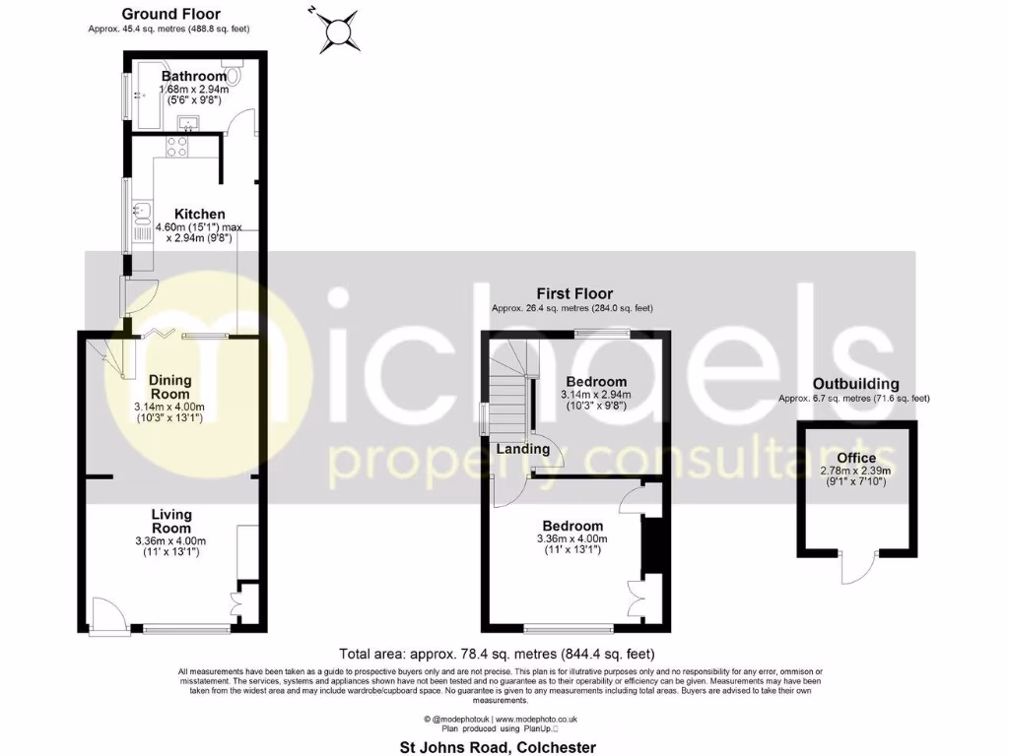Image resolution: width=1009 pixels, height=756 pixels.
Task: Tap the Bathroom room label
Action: click(194, 76)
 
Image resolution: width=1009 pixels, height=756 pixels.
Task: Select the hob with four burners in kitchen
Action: click(178, 148)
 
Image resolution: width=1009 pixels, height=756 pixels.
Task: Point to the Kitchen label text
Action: click(200, 214)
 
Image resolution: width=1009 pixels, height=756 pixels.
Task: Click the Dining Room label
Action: click(170, 387)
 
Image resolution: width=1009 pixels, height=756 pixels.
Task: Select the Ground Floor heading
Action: click(171, 14)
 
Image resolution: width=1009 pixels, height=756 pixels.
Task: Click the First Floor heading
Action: click(574, 293)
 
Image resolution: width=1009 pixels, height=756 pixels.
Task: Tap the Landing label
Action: click(523, 449)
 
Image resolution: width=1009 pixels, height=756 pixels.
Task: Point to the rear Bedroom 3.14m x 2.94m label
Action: click(596, 382)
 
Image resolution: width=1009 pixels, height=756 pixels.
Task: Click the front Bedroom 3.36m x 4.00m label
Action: click(572, 527)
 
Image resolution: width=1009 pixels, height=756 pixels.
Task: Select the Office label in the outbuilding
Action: click(856, 458)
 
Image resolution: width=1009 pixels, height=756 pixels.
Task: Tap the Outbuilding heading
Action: click(855, 384)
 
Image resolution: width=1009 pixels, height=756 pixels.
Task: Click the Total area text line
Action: click(496, 654)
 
